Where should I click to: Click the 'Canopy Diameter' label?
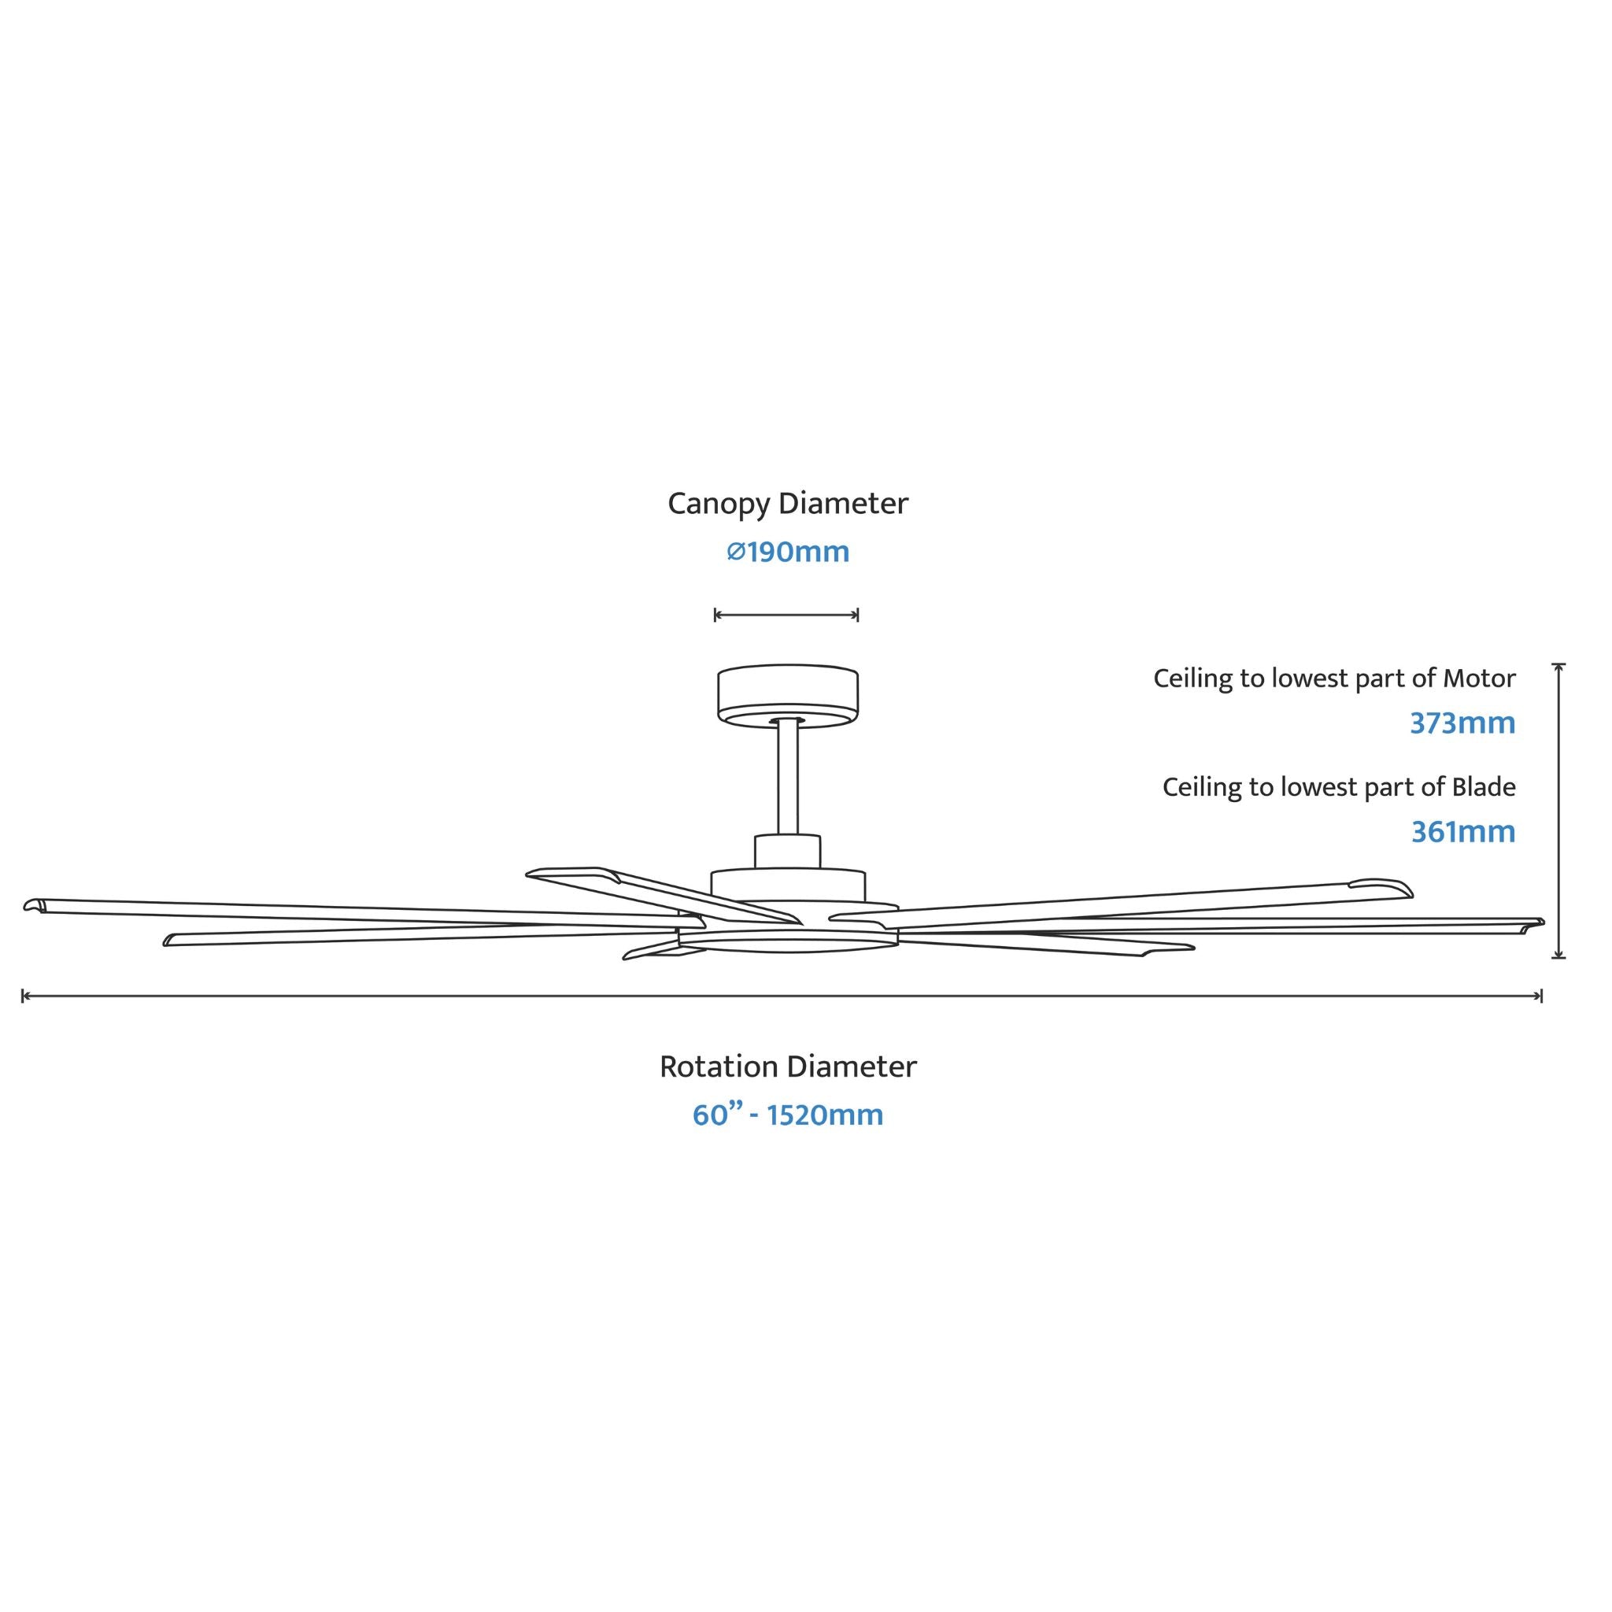[788, 504]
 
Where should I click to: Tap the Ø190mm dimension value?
[788, 553]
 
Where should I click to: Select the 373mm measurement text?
[1462, 723]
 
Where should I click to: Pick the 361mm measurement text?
[1463, 832]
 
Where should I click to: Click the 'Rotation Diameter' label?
[788, 1067]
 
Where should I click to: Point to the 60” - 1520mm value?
[788, 1115]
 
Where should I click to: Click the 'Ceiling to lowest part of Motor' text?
[1334, 679]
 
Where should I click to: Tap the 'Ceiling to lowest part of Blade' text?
[1339, 788]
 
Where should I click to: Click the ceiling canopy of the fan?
[788, 697]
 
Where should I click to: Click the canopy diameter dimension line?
[787, 616]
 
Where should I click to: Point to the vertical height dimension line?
[1558, 811]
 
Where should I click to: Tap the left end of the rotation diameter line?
[23, 996]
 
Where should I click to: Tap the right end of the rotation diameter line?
[1541, 996]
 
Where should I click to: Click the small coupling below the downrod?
[788, 851]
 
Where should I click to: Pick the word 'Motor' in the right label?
[1479, 679]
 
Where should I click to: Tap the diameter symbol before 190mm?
[735, 553]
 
